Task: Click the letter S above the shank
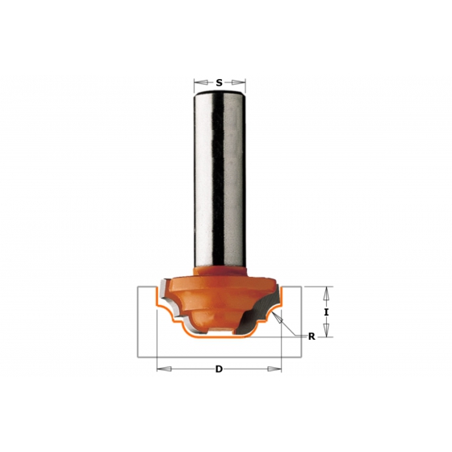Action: tap(220, 83)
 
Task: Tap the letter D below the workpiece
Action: tap(219, 369)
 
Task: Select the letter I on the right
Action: tap(326, 312)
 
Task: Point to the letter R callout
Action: tap(312, 337)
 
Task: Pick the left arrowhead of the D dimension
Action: tap(165, 369)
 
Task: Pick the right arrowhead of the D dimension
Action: tap(274, 369)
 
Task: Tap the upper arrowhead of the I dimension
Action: tap(326, 294)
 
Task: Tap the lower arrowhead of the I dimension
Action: tap(326, 330)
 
